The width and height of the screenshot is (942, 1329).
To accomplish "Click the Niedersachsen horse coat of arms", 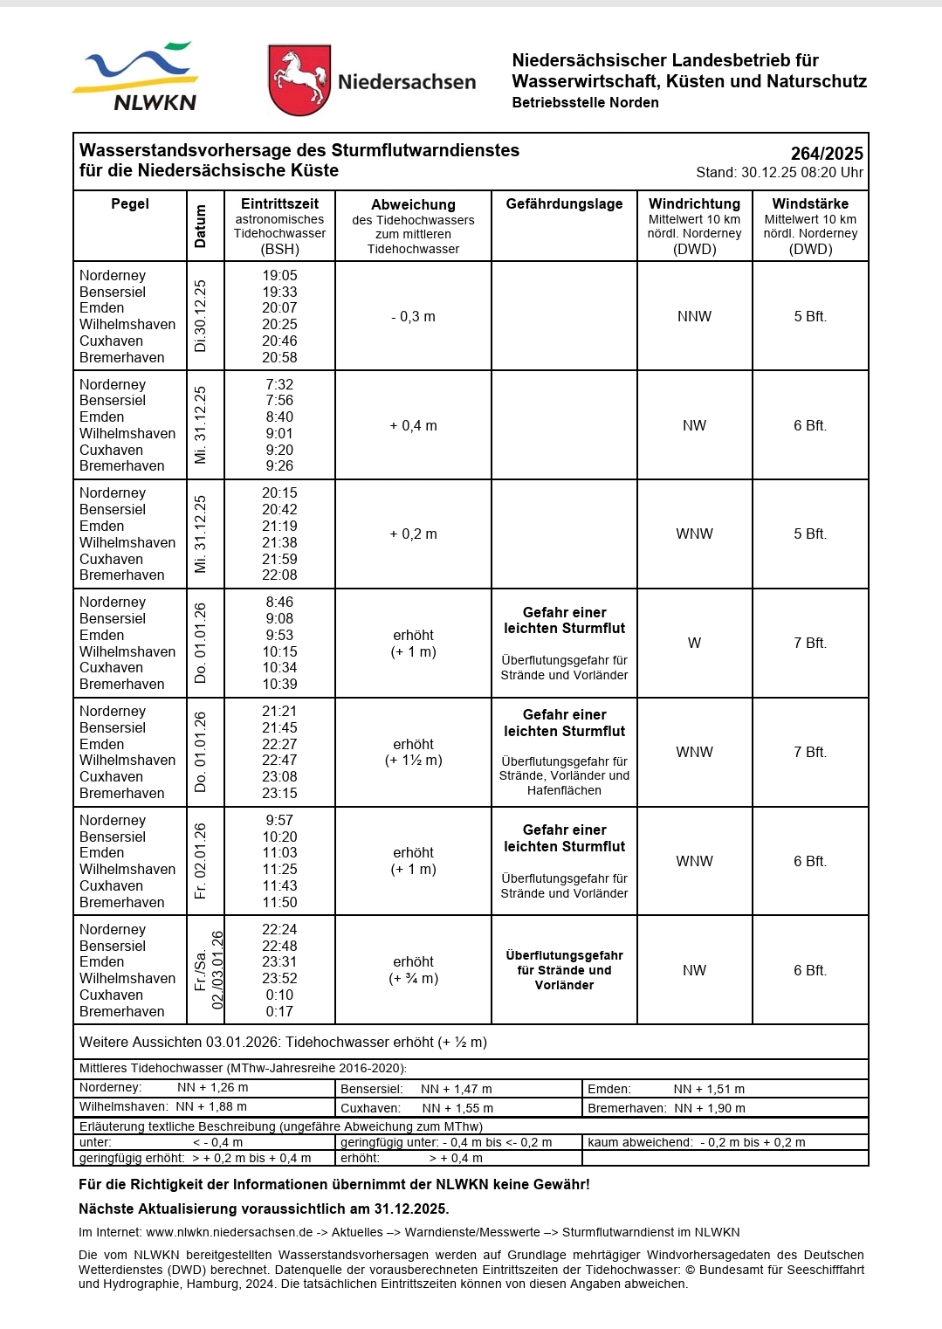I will (x=299, y=79).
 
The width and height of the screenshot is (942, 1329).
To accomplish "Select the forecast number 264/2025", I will (x=827, y=153).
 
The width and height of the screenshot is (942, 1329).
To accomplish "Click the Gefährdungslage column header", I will (x=564, y=204).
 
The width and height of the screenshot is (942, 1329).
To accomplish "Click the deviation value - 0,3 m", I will (x=413, y=317).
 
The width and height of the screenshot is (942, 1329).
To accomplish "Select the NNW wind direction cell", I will (x=694, y=317).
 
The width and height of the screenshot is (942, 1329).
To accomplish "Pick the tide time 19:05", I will (x=279, y=276).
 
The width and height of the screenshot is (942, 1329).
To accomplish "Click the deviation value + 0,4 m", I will (x=413, y=426).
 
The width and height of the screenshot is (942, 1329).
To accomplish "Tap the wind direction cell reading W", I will (x=694, y=644).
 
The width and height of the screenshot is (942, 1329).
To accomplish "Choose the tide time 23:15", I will (x=279, y=794).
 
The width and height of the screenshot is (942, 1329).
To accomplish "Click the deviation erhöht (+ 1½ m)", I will (x=413, y=753).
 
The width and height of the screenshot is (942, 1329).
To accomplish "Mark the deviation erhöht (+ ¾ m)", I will (x=413, y=970).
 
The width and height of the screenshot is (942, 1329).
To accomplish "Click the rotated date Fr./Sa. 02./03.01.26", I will (x=209, y=970).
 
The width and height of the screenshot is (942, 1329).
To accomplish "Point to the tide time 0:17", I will (x=279, y=1012).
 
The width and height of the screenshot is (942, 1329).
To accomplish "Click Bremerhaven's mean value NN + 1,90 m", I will (x=709, y=1108).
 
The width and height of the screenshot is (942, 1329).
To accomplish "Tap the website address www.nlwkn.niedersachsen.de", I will (x=229, y=1233).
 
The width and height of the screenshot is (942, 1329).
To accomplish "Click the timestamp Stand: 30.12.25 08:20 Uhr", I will (x=779, y=173).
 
